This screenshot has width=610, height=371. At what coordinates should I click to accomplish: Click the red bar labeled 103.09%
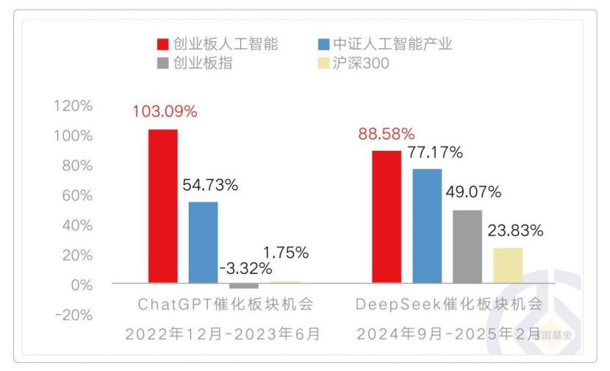pos(162,206)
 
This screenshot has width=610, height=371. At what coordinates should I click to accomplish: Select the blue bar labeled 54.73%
pos(203,242)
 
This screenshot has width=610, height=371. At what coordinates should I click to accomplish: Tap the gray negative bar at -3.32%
pos(243,286)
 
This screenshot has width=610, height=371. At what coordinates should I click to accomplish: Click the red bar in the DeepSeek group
pos(386,216)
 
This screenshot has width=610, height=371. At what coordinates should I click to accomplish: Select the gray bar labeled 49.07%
pos(467,247)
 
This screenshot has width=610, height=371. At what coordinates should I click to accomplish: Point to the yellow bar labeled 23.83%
pos(508,265)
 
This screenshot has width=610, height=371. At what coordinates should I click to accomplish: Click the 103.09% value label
pos(165,112)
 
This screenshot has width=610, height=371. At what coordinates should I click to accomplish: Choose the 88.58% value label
pos(387,134)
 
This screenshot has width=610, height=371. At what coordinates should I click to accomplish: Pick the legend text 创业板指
pos(203,63)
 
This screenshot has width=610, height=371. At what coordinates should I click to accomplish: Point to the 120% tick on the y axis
pos(73,106)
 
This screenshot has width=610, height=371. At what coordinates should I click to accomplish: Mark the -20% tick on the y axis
pos(73,314)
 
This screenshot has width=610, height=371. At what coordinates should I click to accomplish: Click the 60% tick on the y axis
pos(76,195)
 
